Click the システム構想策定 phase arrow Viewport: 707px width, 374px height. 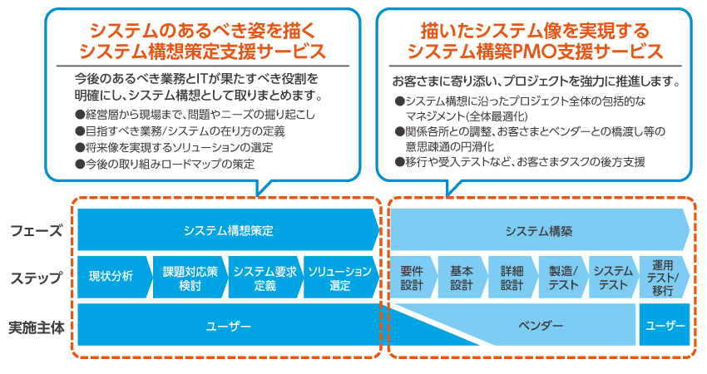pyautogui.click(x=228, y=230)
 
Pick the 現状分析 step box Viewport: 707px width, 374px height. pyautogui.click(x=111, y=278)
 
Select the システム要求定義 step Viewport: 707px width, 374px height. pyautogui.click(x=260, y=278)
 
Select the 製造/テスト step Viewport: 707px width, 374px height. pyautogui.click(x=563, y=278)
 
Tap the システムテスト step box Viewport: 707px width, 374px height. pyautogui.click(x=613, y=278)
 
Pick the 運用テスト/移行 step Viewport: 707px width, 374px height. pyautogui.click(x=664, y=278)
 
